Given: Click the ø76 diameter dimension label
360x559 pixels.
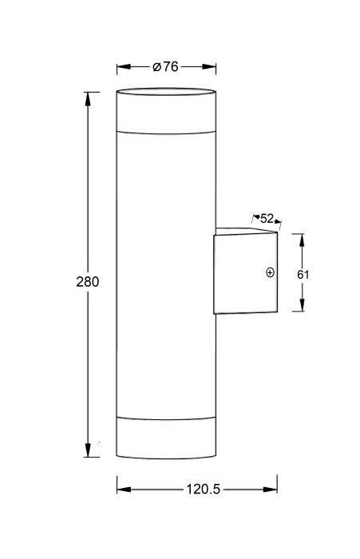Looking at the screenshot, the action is [x=165, y=66].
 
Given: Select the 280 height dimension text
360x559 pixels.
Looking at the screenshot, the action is [x=87, y=282].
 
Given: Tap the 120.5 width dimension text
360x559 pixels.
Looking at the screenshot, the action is [x=204, y=489].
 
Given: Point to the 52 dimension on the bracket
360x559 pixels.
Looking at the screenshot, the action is [x=267, y=218].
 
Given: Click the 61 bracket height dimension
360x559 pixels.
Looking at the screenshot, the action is [x=303, y=275].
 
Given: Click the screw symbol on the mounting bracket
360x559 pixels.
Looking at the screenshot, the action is [x=270, y=272].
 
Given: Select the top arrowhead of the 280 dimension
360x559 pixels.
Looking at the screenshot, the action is [x=88, y=98].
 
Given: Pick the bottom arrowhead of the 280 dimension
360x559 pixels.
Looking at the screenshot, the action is [x=88, y=450].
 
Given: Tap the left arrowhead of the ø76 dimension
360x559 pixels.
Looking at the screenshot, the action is [x=124, y=66].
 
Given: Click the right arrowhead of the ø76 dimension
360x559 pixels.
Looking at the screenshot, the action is [x=209, y=66].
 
